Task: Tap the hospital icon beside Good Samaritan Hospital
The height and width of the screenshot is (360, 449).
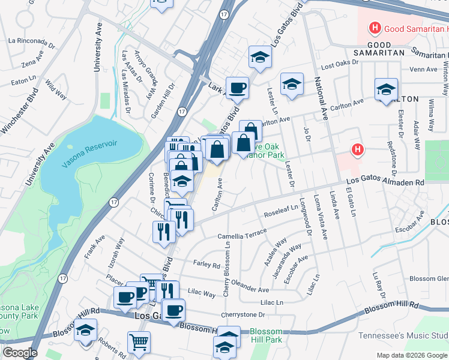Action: click(x=375, y=28)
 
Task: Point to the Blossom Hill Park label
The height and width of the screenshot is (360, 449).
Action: click(x=266, y=336)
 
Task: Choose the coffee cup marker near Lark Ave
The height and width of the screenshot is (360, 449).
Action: click(x=237, y=88)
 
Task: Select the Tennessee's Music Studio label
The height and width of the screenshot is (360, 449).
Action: click(x=403, y=335)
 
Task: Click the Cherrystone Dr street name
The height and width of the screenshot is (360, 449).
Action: click(x=243, y=314)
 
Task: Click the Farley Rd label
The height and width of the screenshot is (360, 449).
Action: click(x=206, y=264)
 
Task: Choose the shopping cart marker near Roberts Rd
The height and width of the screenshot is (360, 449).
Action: click(x=139, y=342)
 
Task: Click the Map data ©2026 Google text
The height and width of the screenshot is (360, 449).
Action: click(x=412, y=355)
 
